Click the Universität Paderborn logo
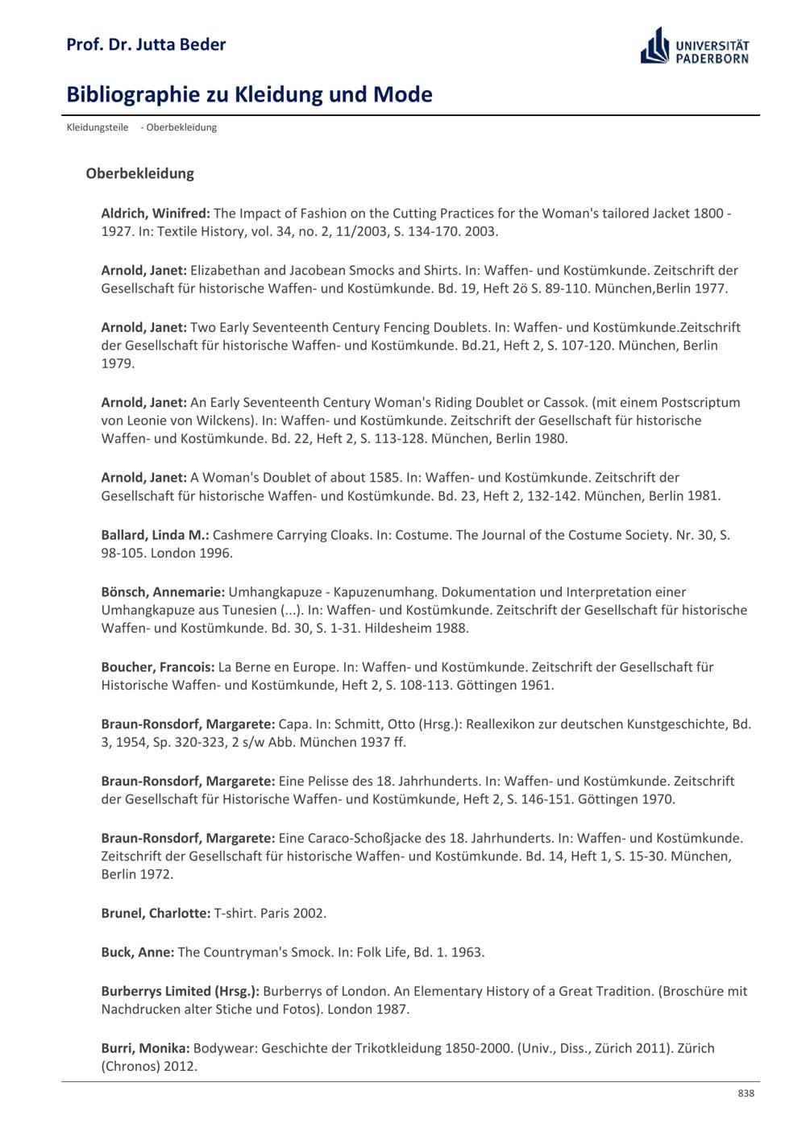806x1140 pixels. (x=694, y=47)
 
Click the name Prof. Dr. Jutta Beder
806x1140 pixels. (x=146, y=44)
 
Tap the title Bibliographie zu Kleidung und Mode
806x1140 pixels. (x=249, y=94)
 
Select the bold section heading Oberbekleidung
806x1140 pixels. (x=139, y=173)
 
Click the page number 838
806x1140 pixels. (x=746, y=1093)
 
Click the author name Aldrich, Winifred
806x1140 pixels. (x=156, y=213)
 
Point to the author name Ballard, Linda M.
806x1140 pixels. (x=155, y=535)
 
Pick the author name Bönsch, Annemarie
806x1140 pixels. (x=163, y=592)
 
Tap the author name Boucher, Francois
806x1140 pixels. (x=158, y=667)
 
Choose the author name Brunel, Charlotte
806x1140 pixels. (x=156, y=914)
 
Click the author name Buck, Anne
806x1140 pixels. (x=137, y=952)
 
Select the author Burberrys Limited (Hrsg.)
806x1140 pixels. (x=180, y=991)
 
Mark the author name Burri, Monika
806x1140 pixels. (x=145, y=1048)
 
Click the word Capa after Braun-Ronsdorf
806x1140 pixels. (x=295, y=724)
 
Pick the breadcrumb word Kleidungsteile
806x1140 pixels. (x=98, y=127)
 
